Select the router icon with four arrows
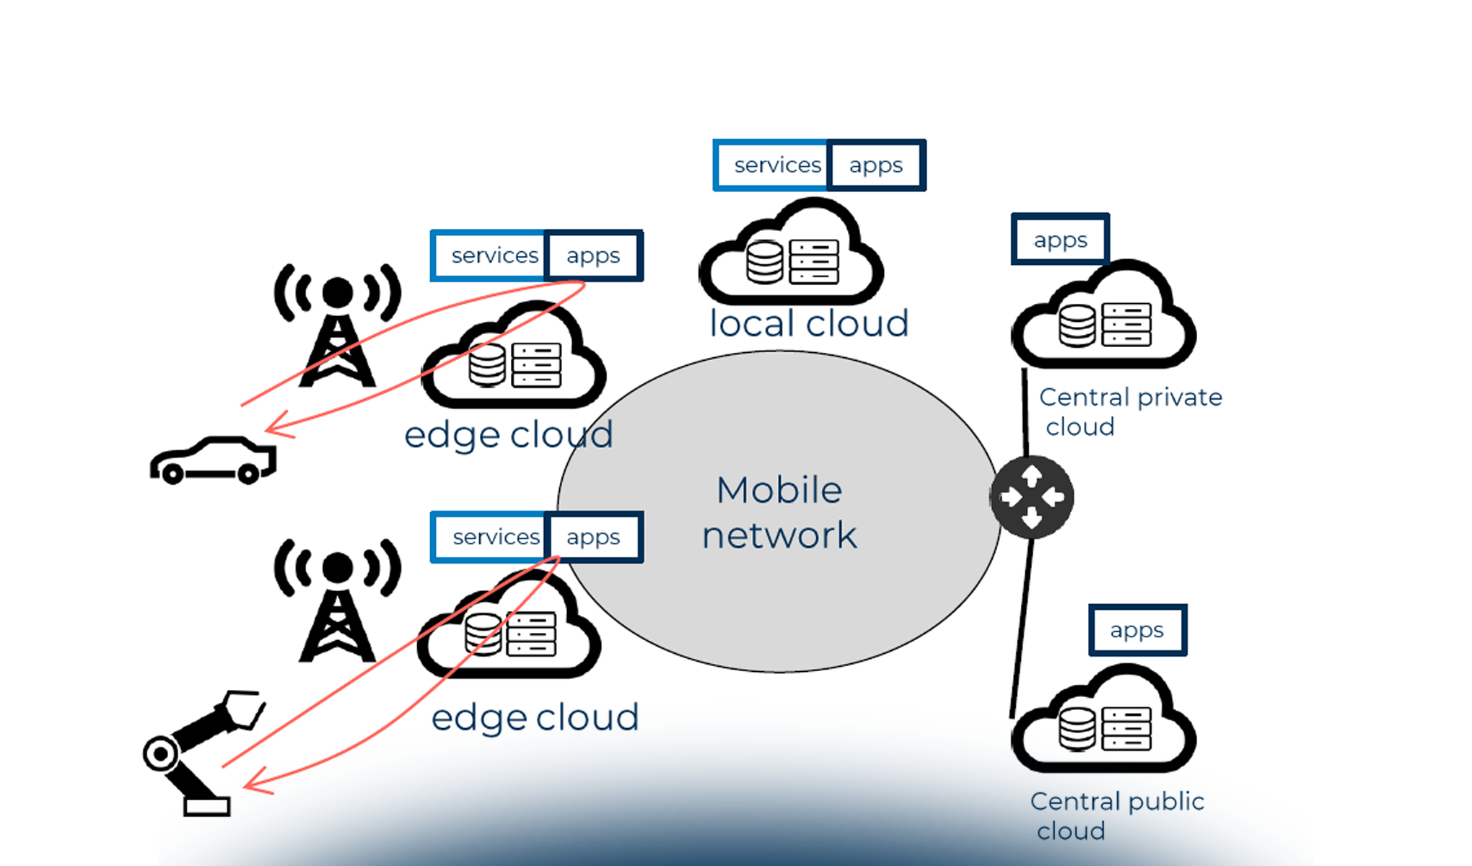point(1032,497)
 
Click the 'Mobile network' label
point(779,512)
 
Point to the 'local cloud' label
point(809,323)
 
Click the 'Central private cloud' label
point(1129,411)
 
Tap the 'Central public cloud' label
point(1116,815)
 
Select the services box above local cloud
point(773,165)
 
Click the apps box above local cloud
point(876,165)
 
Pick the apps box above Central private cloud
point(1060,240)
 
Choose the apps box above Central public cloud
point(1137,630)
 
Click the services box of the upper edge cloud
point(491,255)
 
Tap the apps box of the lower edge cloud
point(593,537)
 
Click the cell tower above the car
point(337,325)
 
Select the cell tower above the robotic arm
point(337,599)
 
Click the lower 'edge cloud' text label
point(535,717)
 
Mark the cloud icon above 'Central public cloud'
point(1104,722)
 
